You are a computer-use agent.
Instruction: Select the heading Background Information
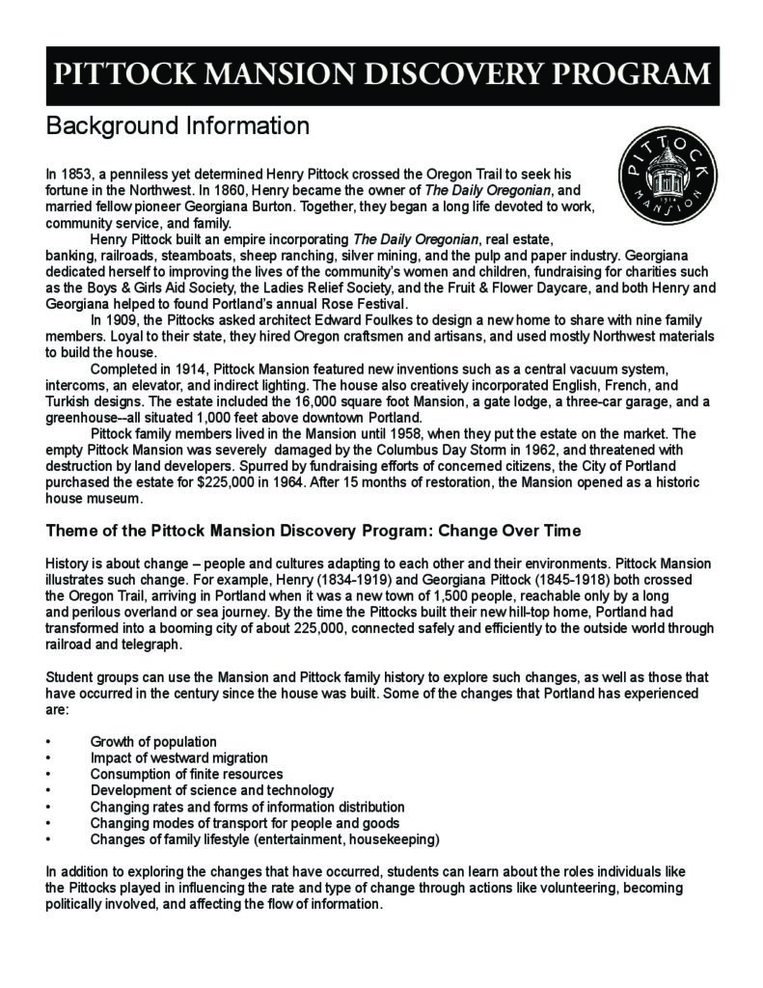tap(177, 126)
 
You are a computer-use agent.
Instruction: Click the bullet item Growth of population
tap(153, 741)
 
